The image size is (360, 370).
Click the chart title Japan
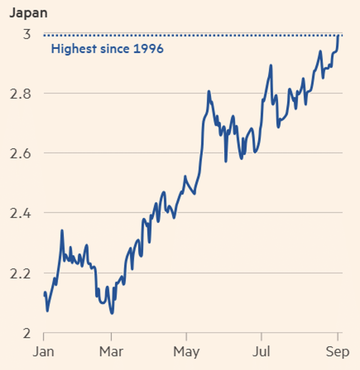(x=28, y=14)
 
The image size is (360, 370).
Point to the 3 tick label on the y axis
(x=27, y=34)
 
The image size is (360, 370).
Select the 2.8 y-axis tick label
(x=20, y=94)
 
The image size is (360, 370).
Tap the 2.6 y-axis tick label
(x=20, y=154)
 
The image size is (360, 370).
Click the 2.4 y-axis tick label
(x=20, y=213)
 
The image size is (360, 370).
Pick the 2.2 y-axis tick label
(x=20, y=274)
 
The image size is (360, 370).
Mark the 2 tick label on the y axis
(x=27, y=333)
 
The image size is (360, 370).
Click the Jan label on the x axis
(x=44, y=351)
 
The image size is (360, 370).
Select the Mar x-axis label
(x=111, y=351)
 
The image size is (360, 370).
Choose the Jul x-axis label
(x=261, y=351)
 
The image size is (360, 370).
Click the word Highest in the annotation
(x=74, y=49)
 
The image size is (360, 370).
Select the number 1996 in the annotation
(x=148, y=49)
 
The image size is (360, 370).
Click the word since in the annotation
(x=115, y=49)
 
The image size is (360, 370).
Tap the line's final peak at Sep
(x=338, y=35)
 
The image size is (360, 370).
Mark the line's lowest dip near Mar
(x=112, y=313)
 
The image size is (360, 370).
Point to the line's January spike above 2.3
(x=62, y=231)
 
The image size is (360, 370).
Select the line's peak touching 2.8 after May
(x=209, y=91)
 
